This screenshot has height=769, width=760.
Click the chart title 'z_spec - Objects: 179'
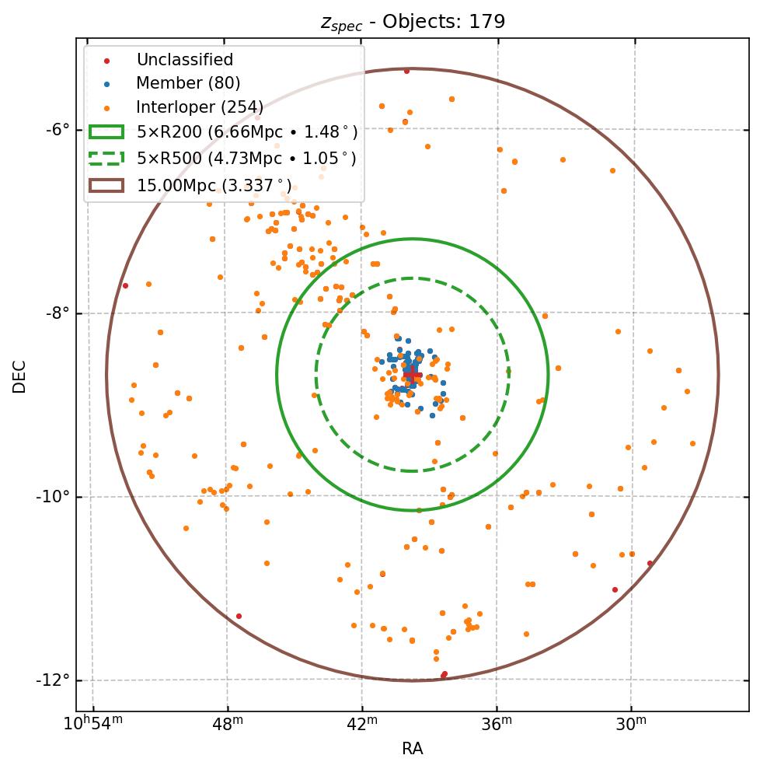tap(413, 22)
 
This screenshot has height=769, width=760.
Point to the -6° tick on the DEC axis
tap(58, 129)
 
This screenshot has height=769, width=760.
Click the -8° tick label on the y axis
tap(58, 313)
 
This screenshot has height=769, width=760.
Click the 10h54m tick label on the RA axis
tap(92, 725)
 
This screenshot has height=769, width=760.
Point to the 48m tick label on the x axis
tap(228, 725)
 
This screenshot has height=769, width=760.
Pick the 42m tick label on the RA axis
tap(362, 725)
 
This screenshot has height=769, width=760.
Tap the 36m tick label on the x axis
tap(497, 725)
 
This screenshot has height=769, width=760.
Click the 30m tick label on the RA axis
tap(631, 725)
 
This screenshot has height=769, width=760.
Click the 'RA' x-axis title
tap(413, 749)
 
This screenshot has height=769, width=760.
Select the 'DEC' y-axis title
tap(19, 376)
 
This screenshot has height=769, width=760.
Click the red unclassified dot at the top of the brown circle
tap(406, 71)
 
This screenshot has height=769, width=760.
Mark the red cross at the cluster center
tap(413, 376)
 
